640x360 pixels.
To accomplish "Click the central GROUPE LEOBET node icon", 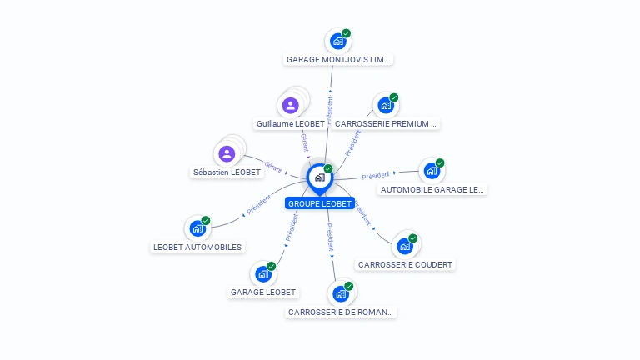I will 319,177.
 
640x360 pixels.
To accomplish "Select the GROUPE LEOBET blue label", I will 320,203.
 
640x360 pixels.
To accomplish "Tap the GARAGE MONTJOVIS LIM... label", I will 338,60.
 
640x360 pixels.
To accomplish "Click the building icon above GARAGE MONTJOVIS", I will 338,41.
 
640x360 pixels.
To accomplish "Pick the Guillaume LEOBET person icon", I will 290,105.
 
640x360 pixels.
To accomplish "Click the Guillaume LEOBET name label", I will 291,123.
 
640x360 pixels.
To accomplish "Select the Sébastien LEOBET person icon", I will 227,153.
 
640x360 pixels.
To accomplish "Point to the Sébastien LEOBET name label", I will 227,172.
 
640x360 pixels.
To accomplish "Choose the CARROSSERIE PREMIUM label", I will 385,123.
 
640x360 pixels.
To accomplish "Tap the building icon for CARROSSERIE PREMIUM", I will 386,105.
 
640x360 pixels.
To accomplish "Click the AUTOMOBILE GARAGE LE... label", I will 432,189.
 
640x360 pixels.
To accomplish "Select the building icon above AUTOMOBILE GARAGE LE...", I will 432,170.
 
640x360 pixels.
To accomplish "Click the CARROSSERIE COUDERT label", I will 405,264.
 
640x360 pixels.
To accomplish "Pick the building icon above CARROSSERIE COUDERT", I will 405,246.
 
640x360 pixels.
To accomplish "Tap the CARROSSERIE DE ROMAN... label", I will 340,312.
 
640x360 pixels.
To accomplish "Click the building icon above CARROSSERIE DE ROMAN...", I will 340,293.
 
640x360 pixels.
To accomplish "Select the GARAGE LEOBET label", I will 263,292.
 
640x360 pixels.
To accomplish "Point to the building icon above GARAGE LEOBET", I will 263,273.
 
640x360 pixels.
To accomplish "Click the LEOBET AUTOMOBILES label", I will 197,247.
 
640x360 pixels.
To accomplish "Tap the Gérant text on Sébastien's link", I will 273,166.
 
